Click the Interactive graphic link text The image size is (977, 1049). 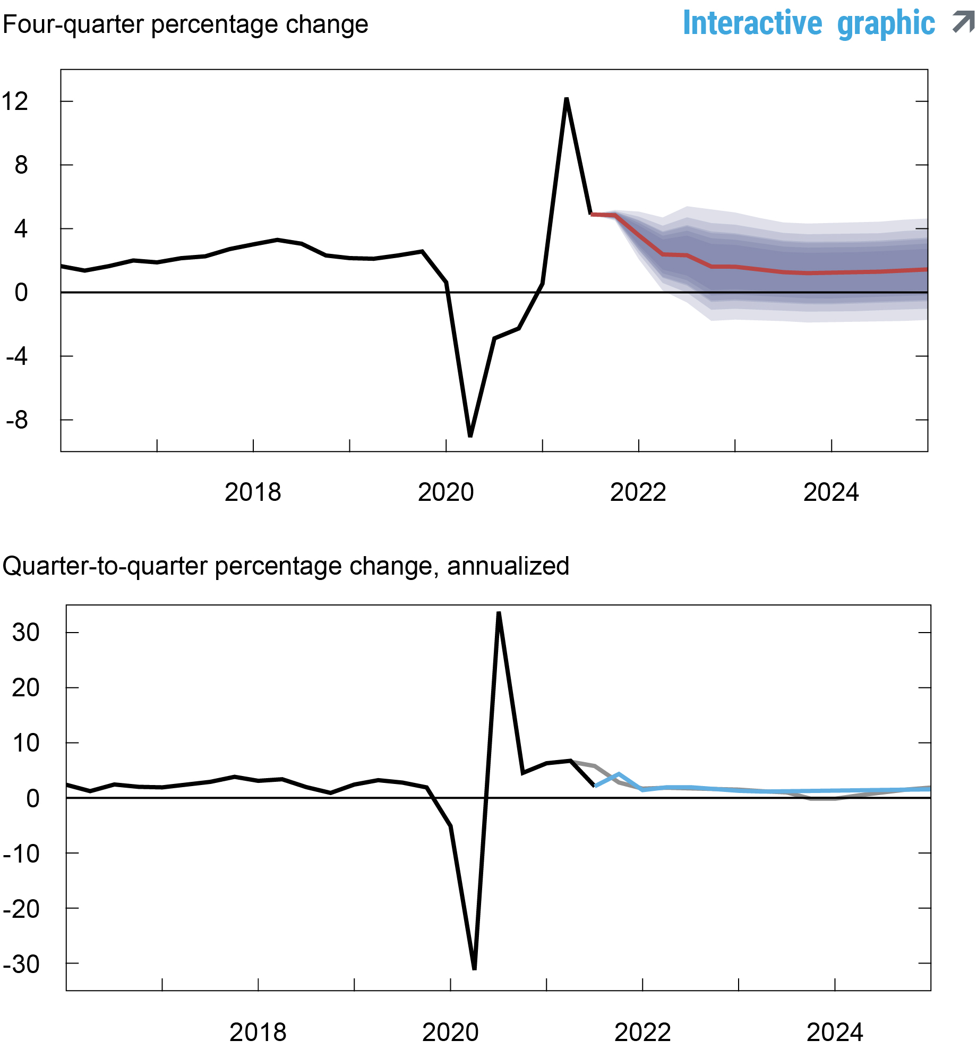[808, 24]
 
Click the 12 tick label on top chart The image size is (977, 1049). [15, 101]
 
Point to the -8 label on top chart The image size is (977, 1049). [17, 420]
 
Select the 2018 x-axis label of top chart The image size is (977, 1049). [253, 492]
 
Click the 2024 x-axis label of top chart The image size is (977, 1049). [831, 492]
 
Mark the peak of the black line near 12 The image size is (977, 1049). [567, 99]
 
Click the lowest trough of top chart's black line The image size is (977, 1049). [470, 435]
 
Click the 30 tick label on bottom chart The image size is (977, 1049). [25, 633]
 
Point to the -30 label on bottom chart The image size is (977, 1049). [21, 964]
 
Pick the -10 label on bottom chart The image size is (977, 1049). [21, 854]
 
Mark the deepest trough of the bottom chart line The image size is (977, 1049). [474, 968]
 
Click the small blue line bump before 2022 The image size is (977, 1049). [619, 775]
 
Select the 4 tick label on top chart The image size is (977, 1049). [21, 229]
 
